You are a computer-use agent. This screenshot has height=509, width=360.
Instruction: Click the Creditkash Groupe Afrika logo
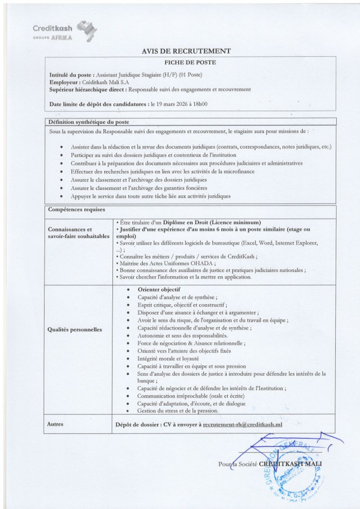(x=65, y=31)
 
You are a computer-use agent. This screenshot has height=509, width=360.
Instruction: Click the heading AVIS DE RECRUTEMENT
(x=186, y=51)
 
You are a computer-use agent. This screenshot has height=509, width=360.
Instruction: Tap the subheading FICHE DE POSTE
(x=190, y=62)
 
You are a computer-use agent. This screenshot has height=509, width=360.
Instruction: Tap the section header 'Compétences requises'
(x=77, y=210)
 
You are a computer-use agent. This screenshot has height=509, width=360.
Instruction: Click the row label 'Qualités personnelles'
(x=75, y=329)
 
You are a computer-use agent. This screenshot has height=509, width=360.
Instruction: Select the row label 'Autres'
(x=56, y=424)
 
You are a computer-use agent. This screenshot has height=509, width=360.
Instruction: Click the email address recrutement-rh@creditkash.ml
(x=243, y=424)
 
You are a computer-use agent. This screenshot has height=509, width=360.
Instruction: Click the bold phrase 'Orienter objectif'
(x=159, y=289)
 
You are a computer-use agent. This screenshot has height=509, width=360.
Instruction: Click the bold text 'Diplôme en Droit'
(x=191, y=222)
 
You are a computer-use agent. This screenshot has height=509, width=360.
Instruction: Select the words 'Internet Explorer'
(x=295, y=243)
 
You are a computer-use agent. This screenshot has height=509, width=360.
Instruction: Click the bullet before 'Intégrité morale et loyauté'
(x=129, y=358)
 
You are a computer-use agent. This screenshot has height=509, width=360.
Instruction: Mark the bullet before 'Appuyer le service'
(x=61, y=196)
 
